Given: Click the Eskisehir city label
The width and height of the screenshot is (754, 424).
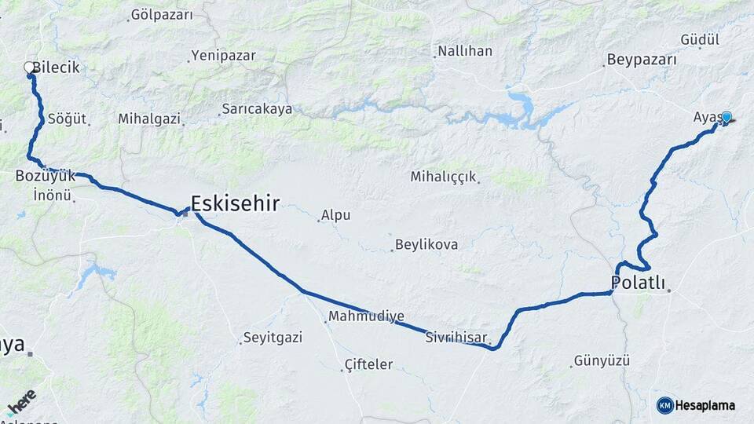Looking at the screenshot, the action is coord(235,204).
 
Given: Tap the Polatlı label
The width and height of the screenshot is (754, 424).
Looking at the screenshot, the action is coord(638,283).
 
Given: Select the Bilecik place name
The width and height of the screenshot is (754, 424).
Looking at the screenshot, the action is coord(57,68).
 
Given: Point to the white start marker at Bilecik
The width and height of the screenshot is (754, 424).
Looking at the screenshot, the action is coord(30,68).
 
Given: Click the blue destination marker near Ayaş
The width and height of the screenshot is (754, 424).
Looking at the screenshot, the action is coord(727,117).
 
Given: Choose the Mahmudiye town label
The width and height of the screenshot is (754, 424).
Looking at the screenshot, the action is coord(366,316).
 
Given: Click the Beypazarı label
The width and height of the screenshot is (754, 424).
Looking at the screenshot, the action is coord(642,60).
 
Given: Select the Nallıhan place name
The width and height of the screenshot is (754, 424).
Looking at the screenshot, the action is coord(464,51).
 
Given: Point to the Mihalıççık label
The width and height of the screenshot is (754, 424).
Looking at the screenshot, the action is coord(443,177).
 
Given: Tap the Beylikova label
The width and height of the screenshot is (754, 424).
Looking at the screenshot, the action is coord(426,244).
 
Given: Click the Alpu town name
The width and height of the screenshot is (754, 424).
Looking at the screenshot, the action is coord(335,215).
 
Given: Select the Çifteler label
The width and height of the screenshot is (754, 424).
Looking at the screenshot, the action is coord(368,364).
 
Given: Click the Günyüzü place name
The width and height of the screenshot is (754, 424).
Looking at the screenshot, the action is coord(602,361).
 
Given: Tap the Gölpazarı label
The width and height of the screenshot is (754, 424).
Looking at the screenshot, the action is coord(162,14).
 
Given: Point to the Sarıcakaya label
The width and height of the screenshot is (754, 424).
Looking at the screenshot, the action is coord(256,108).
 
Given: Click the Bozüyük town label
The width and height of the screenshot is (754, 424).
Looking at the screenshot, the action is coord(46,176).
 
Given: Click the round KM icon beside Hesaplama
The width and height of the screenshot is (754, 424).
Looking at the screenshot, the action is coord(665,405).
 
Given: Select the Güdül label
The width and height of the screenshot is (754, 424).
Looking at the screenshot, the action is coord(678,39).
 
